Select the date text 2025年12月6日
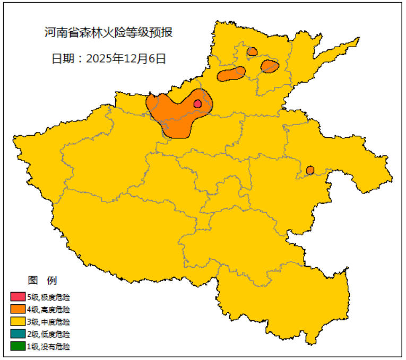126,59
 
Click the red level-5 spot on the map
197,104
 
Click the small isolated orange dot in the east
310,170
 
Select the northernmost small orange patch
252,51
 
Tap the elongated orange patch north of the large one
231,74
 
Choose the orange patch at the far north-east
270,66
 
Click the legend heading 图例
42,280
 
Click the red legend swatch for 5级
18,296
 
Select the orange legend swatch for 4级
18,309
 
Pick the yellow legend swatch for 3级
18,322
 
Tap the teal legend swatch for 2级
18,335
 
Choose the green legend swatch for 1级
18,347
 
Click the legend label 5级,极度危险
48,296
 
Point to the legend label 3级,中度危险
48,322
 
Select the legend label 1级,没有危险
48,347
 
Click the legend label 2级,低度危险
48,335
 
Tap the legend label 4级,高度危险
48,309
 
